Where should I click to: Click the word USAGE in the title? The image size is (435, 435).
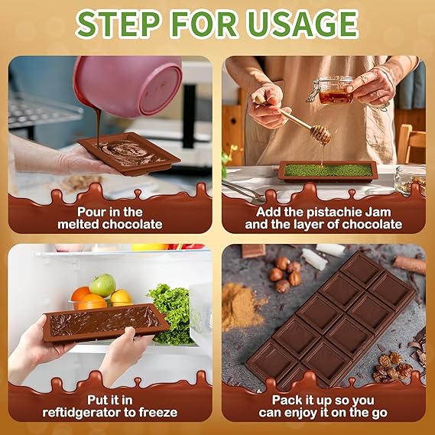click(x=303, y=24)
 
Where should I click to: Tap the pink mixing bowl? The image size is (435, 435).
click(x=128, y=85)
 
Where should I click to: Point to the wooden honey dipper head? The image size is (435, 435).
click(x=320, y=135)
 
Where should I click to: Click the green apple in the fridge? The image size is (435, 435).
click(x=102, y=285)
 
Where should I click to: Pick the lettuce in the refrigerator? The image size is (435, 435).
click(x=171, y=313)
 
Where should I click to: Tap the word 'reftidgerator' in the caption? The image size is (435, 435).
click(x=82, y=413)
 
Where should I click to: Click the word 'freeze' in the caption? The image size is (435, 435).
click(x=158, y=412)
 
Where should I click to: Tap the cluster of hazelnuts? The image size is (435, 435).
click(x=285, y=274)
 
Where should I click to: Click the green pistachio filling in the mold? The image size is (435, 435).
click(x=328, y=170)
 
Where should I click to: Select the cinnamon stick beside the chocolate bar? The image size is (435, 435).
click(x=409, y=265)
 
